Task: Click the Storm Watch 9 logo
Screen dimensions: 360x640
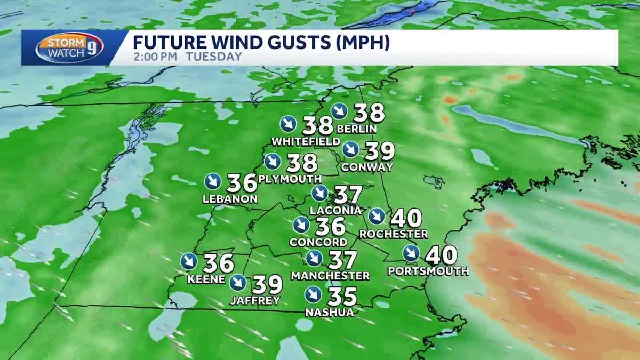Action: [69, 47]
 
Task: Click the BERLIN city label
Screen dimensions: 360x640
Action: [357, 129]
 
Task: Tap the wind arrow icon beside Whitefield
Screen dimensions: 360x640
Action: [288, 124]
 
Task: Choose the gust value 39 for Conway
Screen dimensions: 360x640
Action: [379, 151]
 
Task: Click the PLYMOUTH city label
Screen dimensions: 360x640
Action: [290, 179]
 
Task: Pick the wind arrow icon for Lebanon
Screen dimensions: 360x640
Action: [213, 181]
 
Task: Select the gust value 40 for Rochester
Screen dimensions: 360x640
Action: [406, 218]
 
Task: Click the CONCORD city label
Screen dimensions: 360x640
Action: [318, 242]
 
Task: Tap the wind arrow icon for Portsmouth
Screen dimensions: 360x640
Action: [411, 253]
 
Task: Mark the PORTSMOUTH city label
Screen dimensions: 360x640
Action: [428, 271]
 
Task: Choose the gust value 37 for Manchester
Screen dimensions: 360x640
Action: [342, 260]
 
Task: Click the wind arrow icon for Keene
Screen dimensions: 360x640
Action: [189, 261]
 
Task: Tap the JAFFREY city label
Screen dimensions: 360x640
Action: [255, 301]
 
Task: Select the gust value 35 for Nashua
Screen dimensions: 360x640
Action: [341, 297]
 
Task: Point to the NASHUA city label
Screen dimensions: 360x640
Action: [329, 313]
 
